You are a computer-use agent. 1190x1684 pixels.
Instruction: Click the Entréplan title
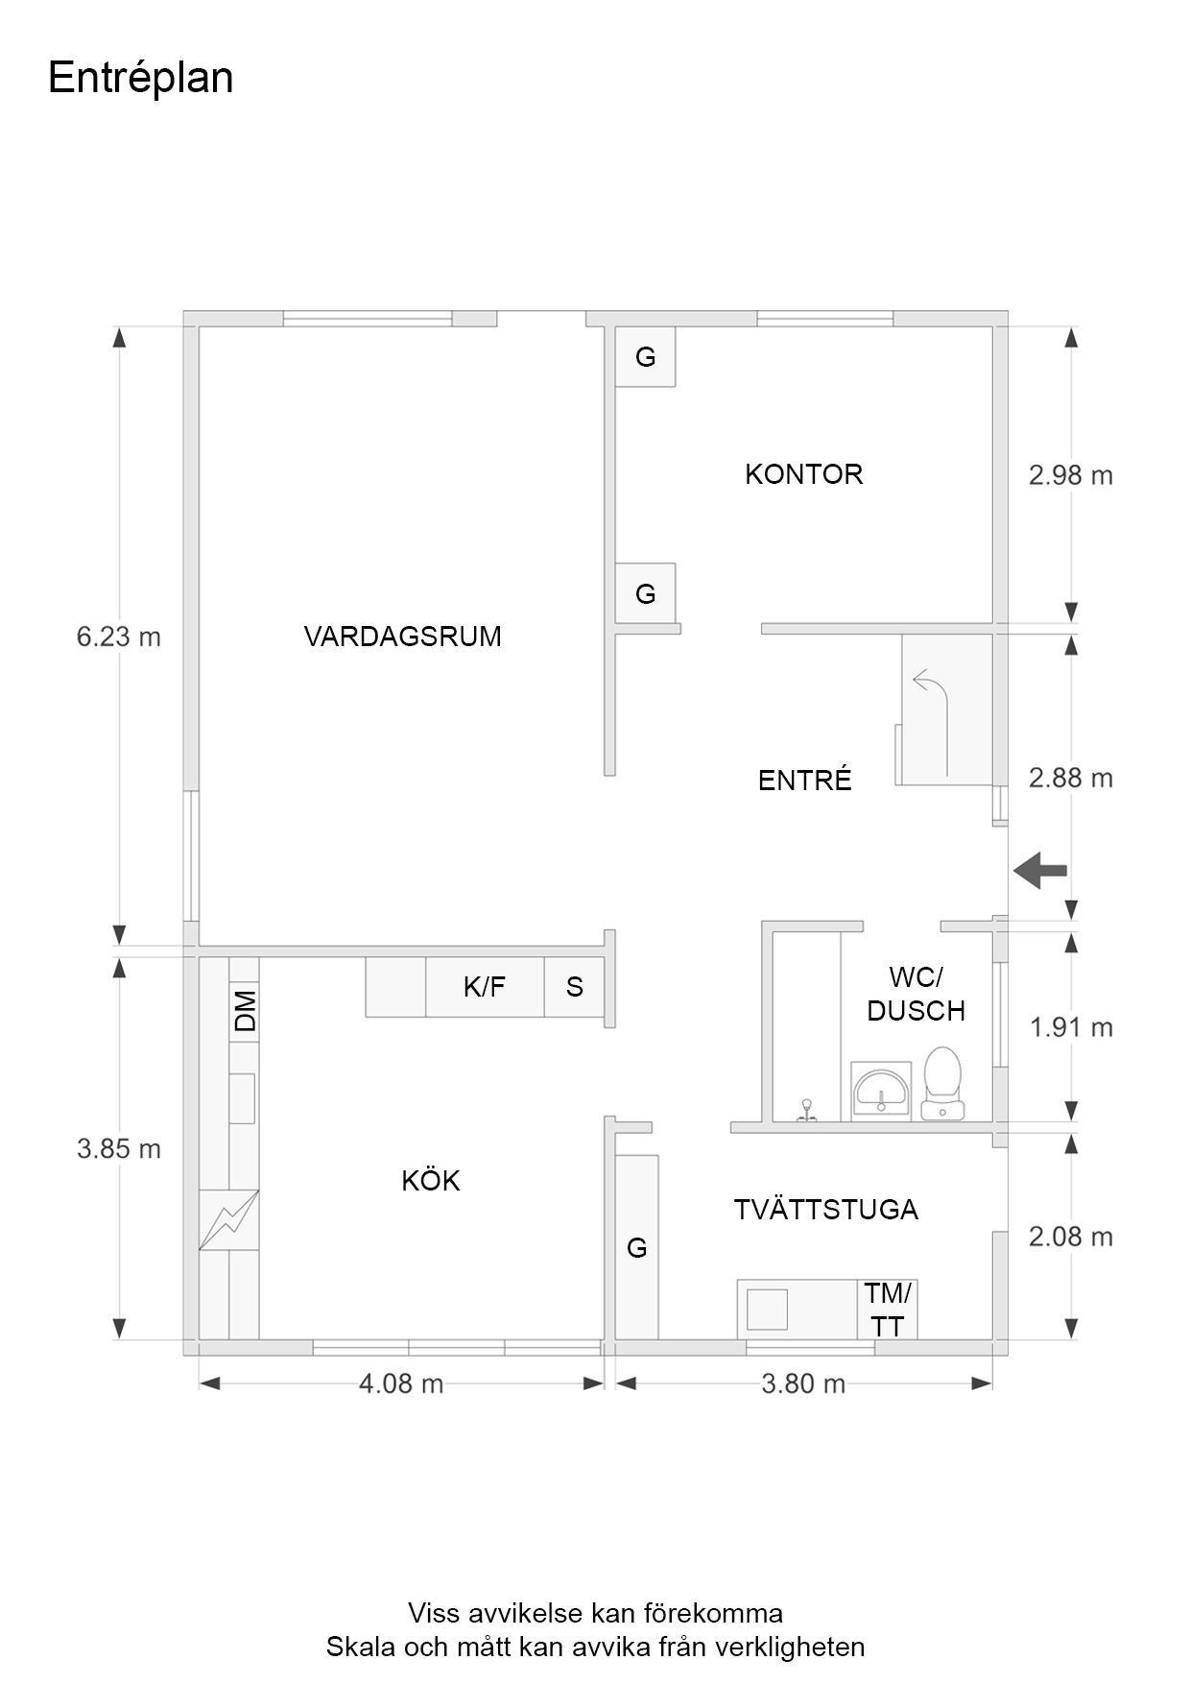[140, 78]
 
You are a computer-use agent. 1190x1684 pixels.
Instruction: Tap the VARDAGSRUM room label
[403, 637]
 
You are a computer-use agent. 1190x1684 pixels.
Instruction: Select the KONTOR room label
[804, 474]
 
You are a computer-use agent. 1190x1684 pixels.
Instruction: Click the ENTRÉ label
[805, 780]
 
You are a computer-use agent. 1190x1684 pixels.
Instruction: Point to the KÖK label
[431, 1180]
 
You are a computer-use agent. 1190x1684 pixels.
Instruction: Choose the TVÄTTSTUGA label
[826, 1210]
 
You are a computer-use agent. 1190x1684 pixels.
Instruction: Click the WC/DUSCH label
[916, 994]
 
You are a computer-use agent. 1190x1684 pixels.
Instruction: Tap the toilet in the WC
[942, 1084]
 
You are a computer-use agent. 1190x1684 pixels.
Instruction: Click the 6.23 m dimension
[118, 637]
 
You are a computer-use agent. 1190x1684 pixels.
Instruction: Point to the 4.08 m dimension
[401, 1383]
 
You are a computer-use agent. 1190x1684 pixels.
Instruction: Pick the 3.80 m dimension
[803, 1383]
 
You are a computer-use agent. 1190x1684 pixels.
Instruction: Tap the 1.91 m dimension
[1071, 1028]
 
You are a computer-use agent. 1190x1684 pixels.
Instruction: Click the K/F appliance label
[485, 987]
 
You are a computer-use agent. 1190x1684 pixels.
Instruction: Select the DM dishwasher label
[246, 1010]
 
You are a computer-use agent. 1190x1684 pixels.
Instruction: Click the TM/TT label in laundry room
[889, 1310]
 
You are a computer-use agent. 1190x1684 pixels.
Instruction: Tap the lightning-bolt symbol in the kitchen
[228, 1220]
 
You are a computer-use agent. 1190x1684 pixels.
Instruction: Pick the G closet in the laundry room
[637, 1247]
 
